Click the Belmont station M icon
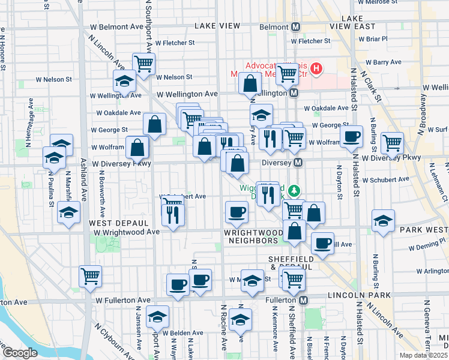296,27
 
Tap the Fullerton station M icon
304,299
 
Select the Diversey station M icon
298,163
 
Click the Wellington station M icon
294,93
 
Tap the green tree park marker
294,191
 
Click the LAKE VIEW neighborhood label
217,26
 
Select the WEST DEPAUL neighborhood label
110,223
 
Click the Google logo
19,353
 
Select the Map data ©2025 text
422,355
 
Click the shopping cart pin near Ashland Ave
90,275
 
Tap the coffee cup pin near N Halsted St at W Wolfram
351,136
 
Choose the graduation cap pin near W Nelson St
124,80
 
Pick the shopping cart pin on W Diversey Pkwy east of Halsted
392,143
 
